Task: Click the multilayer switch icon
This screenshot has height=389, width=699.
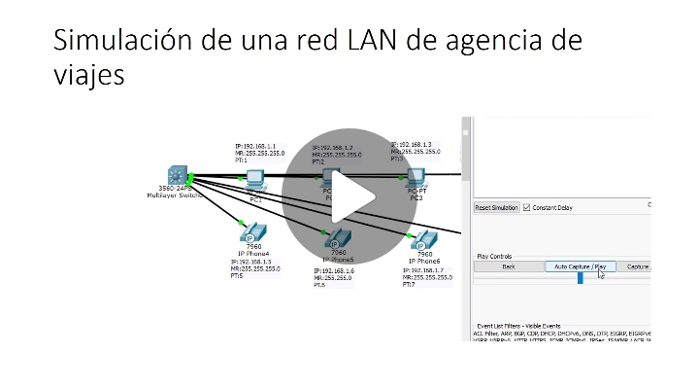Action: (175, 175)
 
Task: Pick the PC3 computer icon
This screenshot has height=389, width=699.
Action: (416, 178)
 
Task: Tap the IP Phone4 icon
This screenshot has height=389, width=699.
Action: (252, 233)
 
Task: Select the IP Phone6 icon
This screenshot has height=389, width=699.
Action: (425, 239)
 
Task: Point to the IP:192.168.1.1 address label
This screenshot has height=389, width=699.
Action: (254, 145)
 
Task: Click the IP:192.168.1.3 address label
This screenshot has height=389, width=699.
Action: (412, 144)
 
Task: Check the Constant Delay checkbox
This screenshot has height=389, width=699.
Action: (527, 207)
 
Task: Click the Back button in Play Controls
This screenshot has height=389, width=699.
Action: (508, 265)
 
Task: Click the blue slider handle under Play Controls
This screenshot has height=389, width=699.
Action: (581, 277)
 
